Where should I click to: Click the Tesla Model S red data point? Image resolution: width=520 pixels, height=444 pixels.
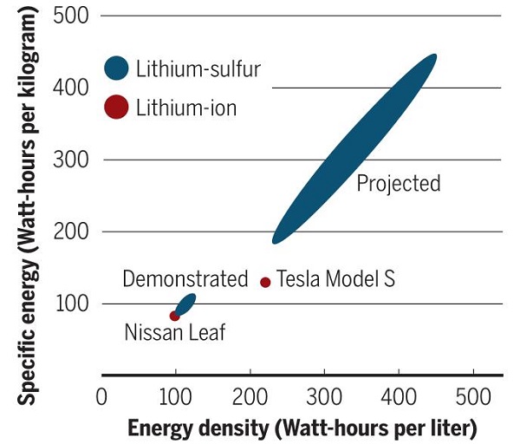265,282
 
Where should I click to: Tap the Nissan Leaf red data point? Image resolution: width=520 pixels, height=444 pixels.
175,316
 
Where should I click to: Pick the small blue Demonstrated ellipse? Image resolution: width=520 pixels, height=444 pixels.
185,304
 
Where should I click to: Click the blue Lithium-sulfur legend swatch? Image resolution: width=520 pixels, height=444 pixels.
116,68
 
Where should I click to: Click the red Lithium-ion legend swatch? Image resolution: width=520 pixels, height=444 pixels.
116,108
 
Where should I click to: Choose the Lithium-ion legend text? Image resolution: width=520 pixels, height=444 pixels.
186,108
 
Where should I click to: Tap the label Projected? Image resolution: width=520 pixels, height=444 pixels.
399,184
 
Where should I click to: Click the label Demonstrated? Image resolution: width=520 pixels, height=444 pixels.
185,279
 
